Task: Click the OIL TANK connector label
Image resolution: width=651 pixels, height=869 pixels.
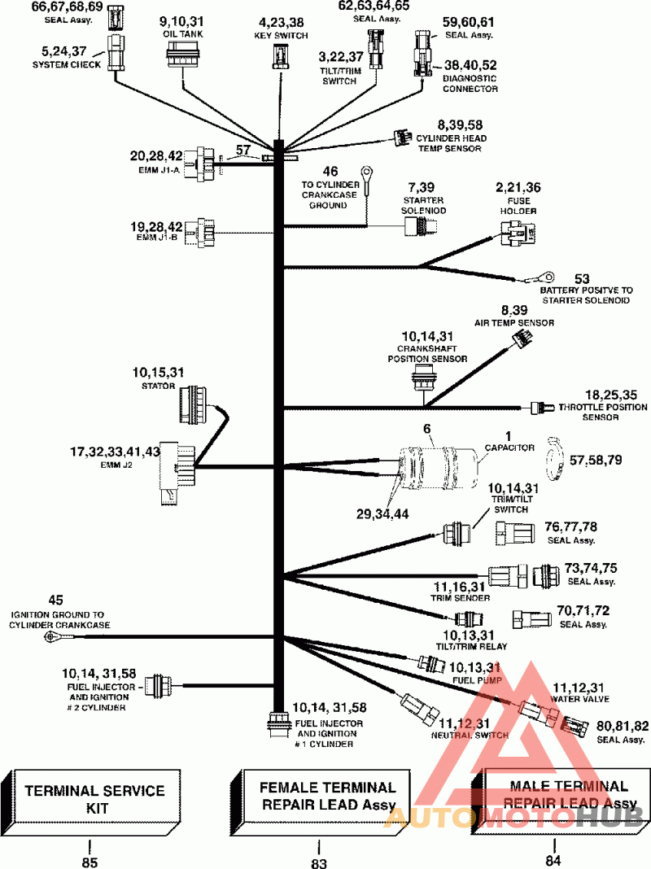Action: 182,34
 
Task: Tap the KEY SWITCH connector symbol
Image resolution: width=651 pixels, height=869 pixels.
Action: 281,58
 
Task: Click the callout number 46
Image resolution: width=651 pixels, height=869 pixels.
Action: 330,171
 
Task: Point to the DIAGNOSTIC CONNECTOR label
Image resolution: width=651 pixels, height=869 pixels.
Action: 470,83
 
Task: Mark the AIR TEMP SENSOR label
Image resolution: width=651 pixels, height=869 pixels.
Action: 514,322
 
